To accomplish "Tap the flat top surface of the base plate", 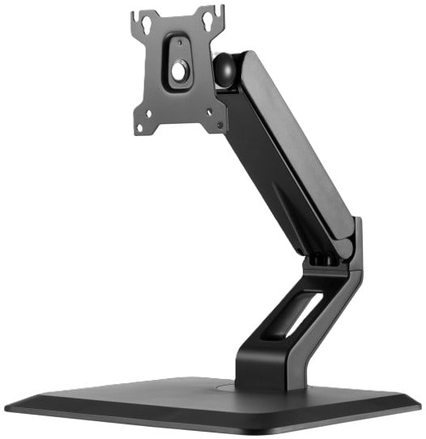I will tap(162, 397).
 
